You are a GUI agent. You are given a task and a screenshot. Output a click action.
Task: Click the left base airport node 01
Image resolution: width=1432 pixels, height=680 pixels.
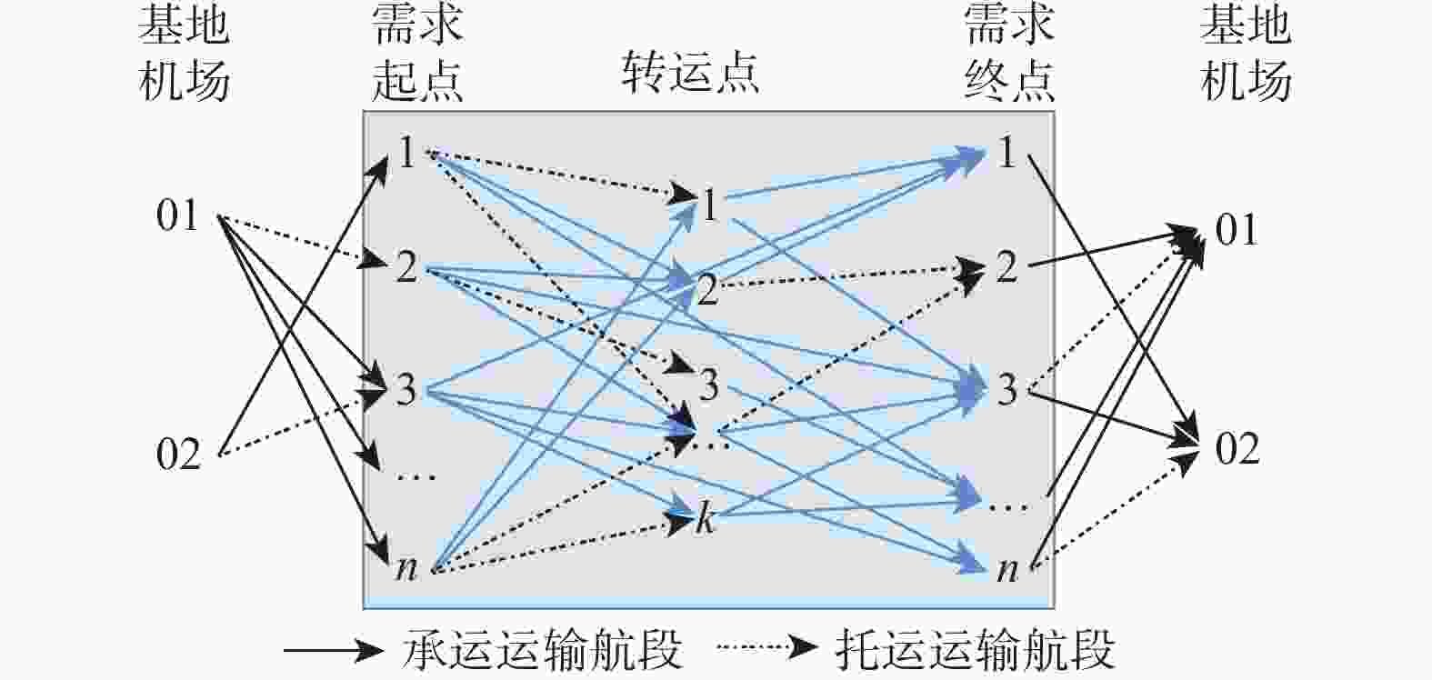pyautogui.click(x=177, y=216)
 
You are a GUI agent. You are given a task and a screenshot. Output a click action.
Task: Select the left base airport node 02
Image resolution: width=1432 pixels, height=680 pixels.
pyautogui.click(x=178, y=455)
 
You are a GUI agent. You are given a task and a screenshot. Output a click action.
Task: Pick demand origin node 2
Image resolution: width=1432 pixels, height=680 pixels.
pyautogui.click(x=406, y=267)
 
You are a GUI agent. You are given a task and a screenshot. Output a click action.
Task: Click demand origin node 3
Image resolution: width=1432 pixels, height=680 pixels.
pyautogui.click(x=406, y=389)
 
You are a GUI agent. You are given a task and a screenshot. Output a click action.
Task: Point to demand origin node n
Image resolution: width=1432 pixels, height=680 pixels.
pyautogui.click(x=406, y=568)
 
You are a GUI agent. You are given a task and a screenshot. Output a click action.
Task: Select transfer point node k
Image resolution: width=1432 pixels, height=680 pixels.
pyautogui.click(x=705, y=517)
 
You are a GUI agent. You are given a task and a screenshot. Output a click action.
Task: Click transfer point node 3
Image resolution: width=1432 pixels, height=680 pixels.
pyautogui.click(x=708, y=385)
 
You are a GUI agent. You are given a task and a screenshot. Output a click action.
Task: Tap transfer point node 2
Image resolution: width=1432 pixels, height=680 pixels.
pyautogui.click(x=707, y=289)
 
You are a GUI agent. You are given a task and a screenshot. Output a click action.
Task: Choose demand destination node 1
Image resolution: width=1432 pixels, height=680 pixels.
pyautogui.click(x=1006, y=152)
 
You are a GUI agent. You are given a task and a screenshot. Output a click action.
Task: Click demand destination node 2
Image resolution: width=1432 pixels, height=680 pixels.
pyautogui.click(x=1006, y=267)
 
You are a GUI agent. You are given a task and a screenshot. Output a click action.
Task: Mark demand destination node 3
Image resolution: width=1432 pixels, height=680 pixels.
pyautogui.click(x=1006, y=389)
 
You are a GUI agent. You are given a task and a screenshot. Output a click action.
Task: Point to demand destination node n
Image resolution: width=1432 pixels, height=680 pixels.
pyautogui.click(x=1007, y=569)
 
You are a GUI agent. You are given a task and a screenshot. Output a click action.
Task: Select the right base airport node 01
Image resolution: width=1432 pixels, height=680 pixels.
pyautogui.click(x=1237, y=230)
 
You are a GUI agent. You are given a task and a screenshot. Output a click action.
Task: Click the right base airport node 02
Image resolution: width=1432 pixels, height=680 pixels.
pyautogui.click(x=1237, y=449)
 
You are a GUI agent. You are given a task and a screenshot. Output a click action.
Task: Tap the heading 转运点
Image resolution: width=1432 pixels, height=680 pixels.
pyautogui.click(x=690, y=72)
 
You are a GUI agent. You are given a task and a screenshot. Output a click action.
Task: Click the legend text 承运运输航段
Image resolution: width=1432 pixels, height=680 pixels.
pyautogui.click(x=542, y=649)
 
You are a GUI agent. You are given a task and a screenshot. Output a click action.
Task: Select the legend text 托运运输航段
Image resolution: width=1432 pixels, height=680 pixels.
pyautogui.click(x=975, y=649)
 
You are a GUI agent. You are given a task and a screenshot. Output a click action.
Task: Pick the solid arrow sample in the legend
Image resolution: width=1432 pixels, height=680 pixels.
pyautogui.click(x=334, y=650)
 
